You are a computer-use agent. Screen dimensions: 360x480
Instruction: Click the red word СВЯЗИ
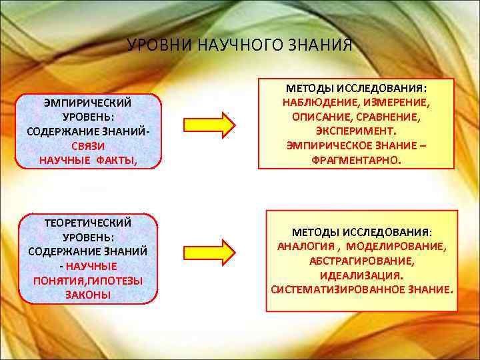(88, 146)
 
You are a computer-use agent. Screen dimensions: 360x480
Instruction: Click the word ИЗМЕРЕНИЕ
(395, 103)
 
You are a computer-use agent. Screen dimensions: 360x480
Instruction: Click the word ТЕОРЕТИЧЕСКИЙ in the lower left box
(87, 223)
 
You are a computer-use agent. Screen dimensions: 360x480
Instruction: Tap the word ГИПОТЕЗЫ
(113, 281)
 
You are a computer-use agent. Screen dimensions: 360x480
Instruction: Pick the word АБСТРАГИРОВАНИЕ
(361, 261)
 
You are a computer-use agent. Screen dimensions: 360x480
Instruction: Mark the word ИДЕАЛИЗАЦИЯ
(361, 275)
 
